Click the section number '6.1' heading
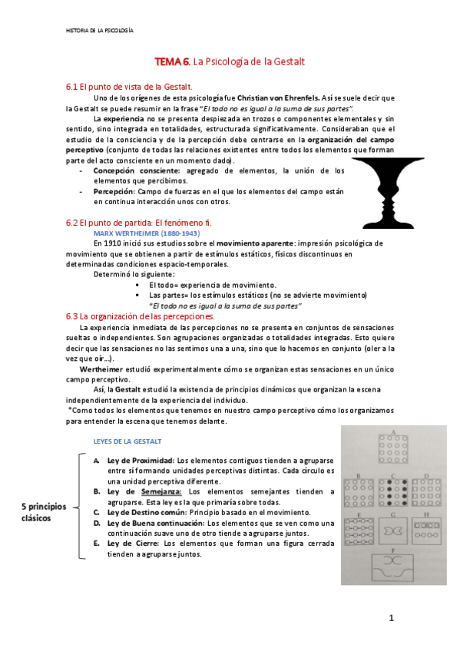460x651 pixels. point(72,87)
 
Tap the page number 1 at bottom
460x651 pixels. point(391,617)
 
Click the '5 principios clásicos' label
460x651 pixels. point(44,512)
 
